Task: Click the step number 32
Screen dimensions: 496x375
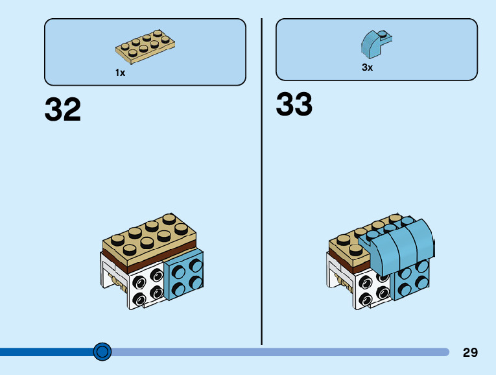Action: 63,110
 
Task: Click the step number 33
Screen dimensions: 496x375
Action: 294,104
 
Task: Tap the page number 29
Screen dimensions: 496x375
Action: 470,352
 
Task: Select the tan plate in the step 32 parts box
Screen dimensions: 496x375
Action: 145,46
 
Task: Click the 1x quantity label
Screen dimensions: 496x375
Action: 120,73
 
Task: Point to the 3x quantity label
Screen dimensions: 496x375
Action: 367,67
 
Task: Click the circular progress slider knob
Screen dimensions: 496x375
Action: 102,352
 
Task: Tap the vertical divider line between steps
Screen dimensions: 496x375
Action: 261,182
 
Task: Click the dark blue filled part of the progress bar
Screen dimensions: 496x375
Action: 45,352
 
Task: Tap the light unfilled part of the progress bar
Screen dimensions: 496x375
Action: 279,352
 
